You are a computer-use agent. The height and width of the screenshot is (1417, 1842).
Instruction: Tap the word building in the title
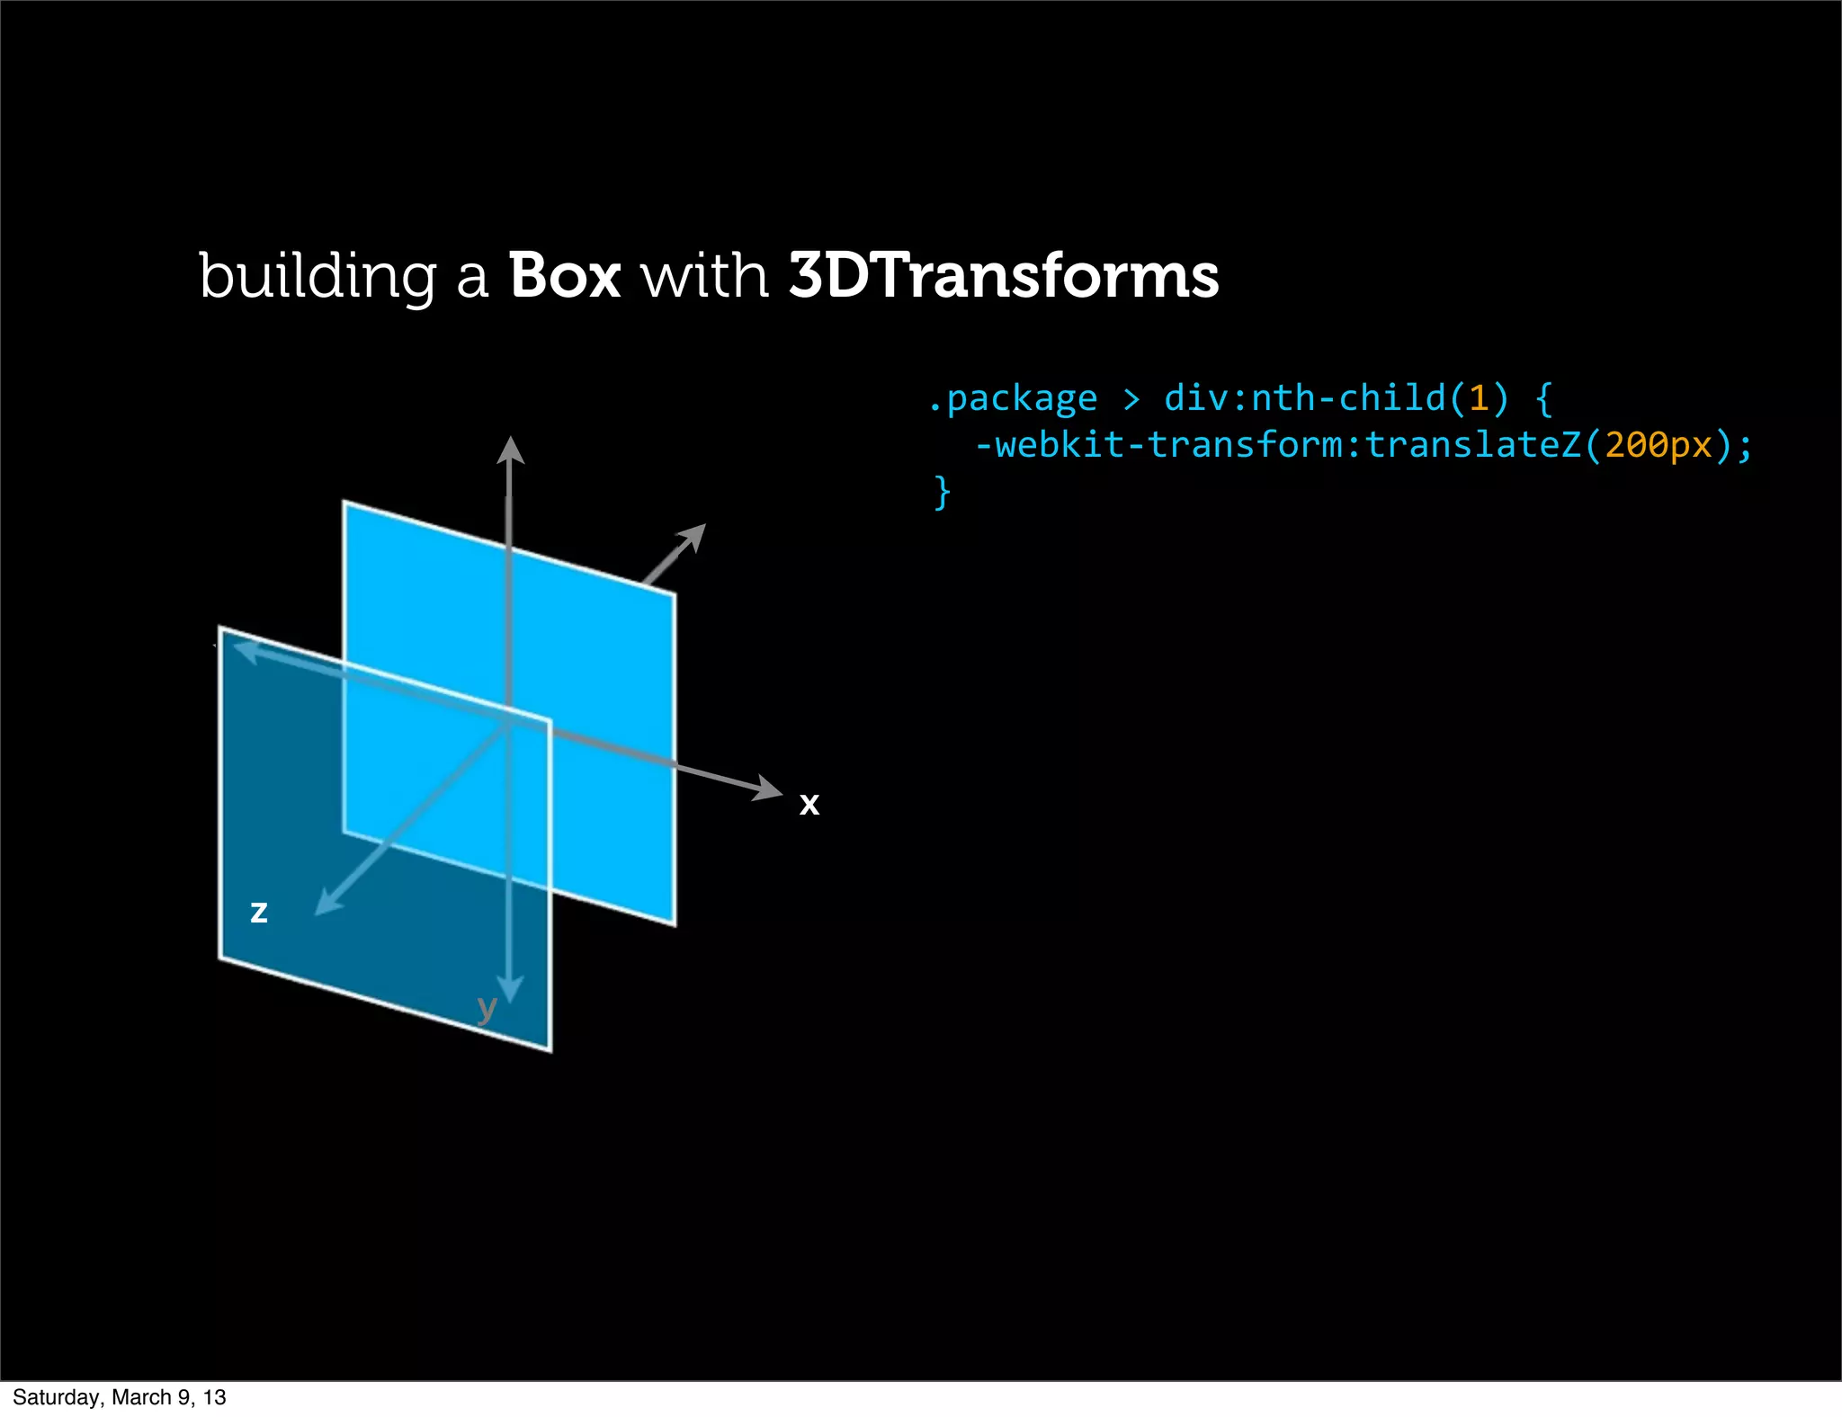coord(317,277)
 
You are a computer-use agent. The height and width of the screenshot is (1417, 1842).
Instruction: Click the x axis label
coord(809,803)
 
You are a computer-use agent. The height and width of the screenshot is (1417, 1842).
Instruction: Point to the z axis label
coord(259,912)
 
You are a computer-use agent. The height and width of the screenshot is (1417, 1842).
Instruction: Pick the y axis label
coord(487,1009)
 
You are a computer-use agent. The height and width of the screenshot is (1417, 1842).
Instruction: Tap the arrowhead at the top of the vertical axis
coord(510,450)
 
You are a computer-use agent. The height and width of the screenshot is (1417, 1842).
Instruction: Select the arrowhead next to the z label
coord(327,903)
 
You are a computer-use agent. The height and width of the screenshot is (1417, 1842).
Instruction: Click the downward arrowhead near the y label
coord(510,988)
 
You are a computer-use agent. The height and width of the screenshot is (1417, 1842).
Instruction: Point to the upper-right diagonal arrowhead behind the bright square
coord(693,537)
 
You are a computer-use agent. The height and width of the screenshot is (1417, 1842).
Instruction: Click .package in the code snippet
coord(1013,398)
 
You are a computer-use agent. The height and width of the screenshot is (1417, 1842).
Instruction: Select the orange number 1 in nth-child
coord(1478,398)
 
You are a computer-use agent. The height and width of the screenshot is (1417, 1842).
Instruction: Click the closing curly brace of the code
coord(942,493)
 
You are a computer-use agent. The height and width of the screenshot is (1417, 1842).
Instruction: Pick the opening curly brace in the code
coord(1543,398)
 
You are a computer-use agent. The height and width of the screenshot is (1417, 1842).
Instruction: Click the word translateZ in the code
coord(1473,445)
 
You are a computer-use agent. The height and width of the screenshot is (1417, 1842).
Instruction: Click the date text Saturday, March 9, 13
coord(120,1397)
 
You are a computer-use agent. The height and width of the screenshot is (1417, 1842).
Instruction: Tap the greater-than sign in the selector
coord(1131,398)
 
